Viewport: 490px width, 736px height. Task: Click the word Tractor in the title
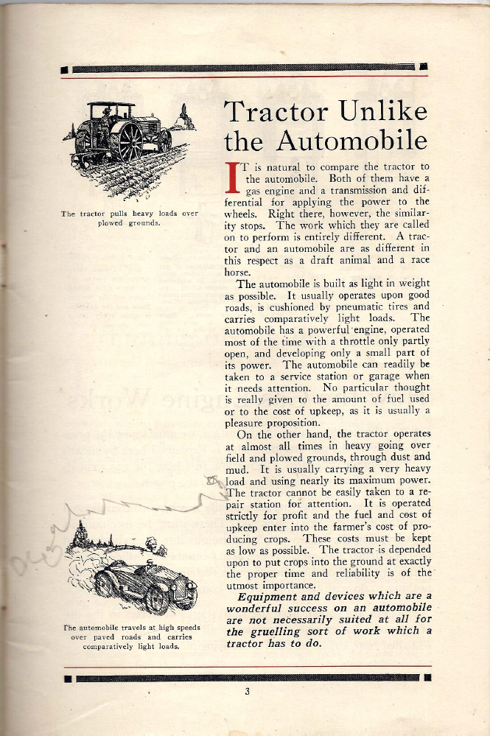pos(276,113)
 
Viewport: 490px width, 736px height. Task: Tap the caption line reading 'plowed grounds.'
pos(130,222)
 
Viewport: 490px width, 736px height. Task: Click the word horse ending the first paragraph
pos(237,270)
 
